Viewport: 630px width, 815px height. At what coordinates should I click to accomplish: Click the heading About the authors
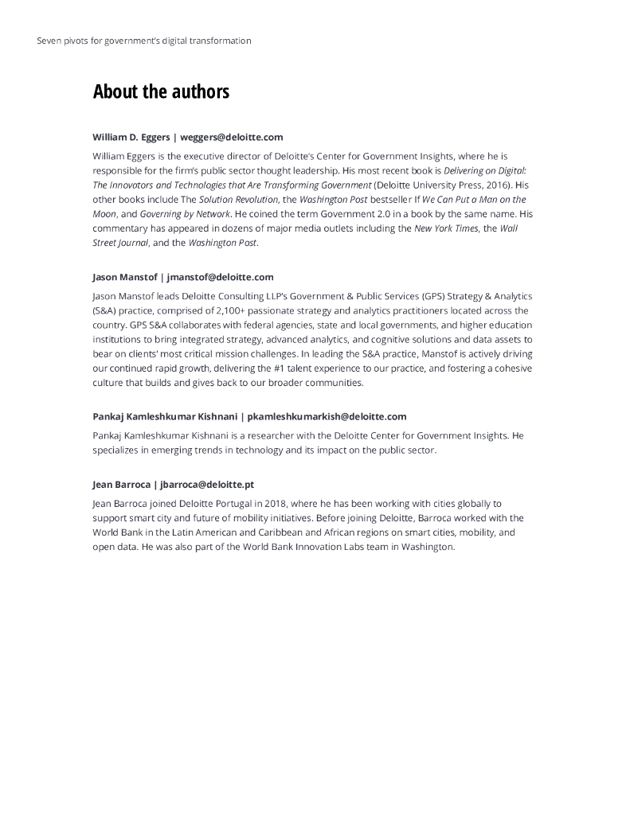click(x=161, y=92)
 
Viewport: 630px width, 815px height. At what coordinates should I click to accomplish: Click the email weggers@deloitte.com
click(x=232, y=137)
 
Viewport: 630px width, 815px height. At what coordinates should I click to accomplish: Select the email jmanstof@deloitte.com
click(x=221, y=277)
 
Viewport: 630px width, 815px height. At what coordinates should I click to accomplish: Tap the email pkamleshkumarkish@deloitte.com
click(x=327, y=416)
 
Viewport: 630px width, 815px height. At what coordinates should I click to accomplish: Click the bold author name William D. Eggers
click(x=131, y=137)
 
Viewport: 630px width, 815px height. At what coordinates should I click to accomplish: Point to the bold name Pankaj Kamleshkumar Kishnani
click(x=164, y=416)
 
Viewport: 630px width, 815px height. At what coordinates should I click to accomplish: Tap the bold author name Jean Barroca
click(x=122, y=484)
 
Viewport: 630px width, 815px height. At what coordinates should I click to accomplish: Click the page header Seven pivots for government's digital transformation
click(x=144, y=41)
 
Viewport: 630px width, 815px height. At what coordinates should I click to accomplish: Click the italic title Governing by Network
click(x=186, y=213)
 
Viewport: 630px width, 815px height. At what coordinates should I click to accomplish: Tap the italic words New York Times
click(x=446, y=228)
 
